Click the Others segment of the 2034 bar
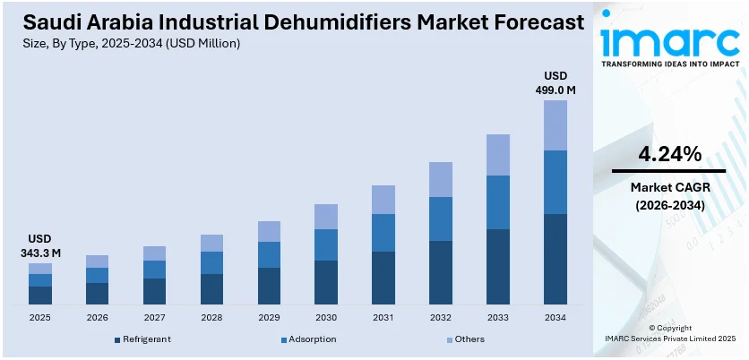click(x=555, y=125)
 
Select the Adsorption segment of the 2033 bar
click(x=498, y=202)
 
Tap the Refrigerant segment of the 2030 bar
click(x=326, y=282)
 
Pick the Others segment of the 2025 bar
click(x=40, y=269)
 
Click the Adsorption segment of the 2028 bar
click(x=211, y=262)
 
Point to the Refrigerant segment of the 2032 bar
click(x=441, y=272)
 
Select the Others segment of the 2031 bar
click(x=383, y=200)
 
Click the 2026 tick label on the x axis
click(x=98, y=317)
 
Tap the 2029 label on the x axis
click(x=269, y=317)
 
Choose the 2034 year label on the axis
click(x=555, y=317)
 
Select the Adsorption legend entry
click(x=309, y=339)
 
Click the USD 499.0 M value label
click(x=555, y=82)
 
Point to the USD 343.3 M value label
click(x=40, y=245)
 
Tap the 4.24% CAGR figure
click(x=668, y=154)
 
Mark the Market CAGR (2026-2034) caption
click(x=668, y=196)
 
